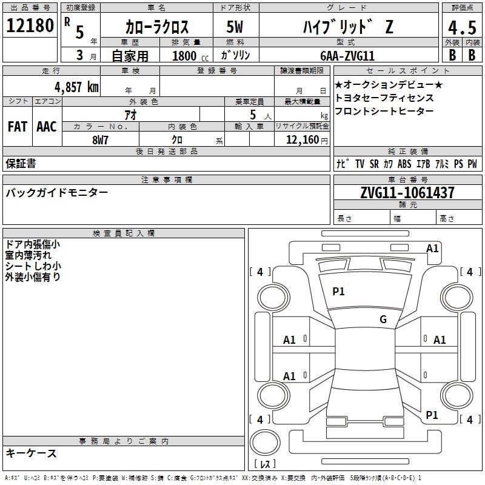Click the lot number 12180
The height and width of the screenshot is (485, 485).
click(x=30, y=25)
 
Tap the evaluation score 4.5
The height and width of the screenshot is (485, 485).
click(x=462, y=27)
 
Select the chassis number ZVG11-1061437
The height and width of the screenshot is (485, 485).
click(x=407, y=193)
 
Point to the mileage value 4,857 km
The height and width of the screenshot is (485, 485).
click(x=76, y=87)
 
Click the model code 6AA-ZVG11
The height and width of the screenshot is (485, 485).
click(x=347, y=56)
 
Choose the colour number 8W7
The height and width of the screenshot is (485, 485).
click(x=100, y=140)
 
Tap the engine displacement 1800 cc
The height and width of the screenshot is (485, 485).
click(x=190, y=56)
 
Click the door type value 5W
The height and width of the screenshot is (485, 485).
click(x=235, y=27)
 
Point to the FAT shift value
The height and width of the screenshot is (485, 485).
click(x=18, y=127)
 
